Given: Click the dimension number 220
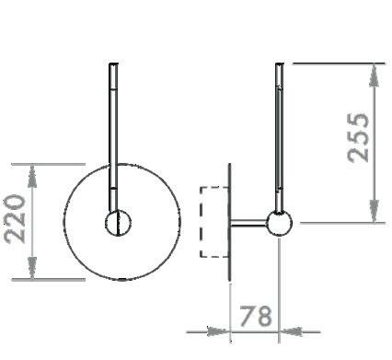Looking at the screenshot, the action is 15,218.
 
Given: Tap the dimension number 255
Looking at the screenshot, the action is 358,137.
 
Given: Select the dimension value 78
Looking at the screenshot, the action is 256,316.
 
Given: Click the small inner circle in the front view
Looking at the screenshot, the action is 118,223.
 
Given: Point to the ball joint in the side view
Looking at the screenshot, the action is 279,223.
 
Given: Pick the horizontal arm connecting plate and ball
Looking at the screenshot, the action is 248,223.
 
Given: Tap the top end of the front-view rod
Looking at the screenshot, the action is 113,64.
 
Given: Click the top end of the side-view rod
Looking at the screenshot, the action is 280,64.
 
